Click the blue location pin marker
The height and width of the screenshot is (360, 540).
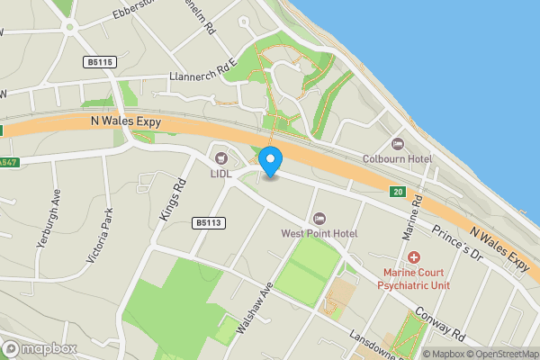(x=271, y=160)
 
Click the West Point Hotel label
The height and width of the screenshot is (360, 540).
(x=319, y=233)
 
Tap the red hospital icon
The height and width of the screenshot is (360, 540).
(x=413, y=258)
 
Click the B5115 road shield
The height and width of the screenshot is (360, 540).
(x=103, y=61)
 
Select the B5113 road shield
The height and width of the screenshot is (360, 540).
(x=208, y=222)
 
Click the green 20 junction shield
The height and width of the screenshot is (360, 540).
(x=397, y=192)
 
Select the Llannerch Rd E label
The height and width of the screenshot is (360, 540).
(x=202, y=77)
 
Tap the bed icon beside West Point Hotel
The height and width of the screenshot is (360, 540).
(x=319, y=219)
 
